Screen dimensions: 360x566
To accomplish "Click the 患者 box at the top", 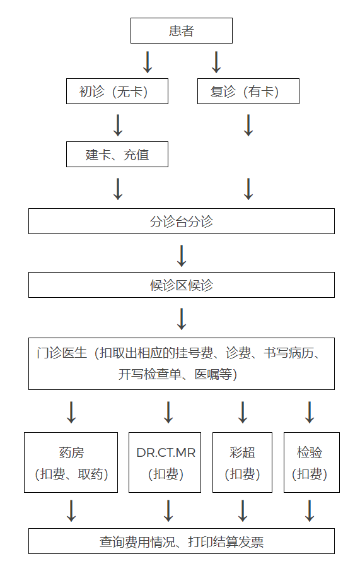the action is (x=182, y=31).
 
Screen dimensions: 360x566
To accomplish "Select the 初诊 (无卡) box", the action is (x=117, y=91).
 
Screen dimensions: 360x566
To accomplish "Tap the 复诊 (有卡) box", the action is (x=248, y=91).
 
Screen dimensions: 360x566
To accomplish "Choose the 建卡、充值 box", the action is (x=117, y=155).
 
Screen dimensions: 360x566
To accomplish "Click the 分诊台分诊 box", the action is (x=182, y=221).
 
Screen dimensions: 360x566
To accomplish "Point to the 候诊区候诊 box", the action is (x=182, y=285).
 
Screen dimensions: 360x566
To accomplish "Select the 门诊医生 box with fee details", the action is (x=182, y=364).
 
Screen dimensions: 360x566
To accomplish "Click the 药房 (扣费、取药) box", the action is (x=71, y=463).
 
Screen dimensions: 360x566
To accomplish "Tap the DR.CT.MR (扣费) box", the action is (x=165, y=463).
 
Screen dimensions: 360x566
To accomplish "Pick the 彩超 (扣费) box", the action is (x=242, y=463).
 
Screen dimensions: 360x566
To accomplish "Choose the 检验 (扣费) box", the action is (x=311, y=463).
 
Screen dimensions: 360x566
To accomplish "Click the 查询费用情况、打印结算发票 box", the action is (x=182, y=541).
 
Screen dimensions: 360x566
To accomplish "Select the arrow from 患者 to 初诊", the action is (x=148, y=62).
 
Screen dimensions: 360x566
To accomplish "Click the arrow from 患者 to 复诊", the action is (x=216, y=62).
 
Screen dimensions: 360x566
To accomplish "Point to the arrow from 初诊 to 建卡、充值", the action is (x=118, y=126).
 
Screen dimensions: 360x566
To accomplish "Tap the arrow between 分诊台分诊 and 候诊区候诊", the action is (x=182, y=256).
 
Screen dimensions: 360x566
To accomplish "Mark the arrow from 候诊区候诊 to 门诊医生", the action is (x=182, y=319).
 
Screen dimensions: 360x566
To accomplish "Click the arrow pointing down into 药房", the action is (x=71, y=412).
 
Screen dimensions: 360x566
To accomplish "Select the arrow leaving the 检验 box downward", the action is (x=310, y=510).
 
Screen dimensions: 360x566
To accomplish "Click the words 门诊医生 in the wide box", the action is (x=62, y=353).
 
